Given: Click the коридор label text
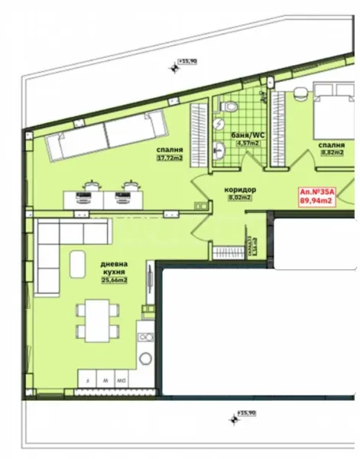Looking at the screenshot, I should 240,189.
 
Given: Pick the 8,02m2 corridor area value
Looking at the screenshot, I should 240,197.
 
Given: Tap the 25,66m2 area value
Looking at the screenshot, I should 115,281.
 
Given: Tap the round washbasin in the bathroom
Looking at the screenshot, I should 222,152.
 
